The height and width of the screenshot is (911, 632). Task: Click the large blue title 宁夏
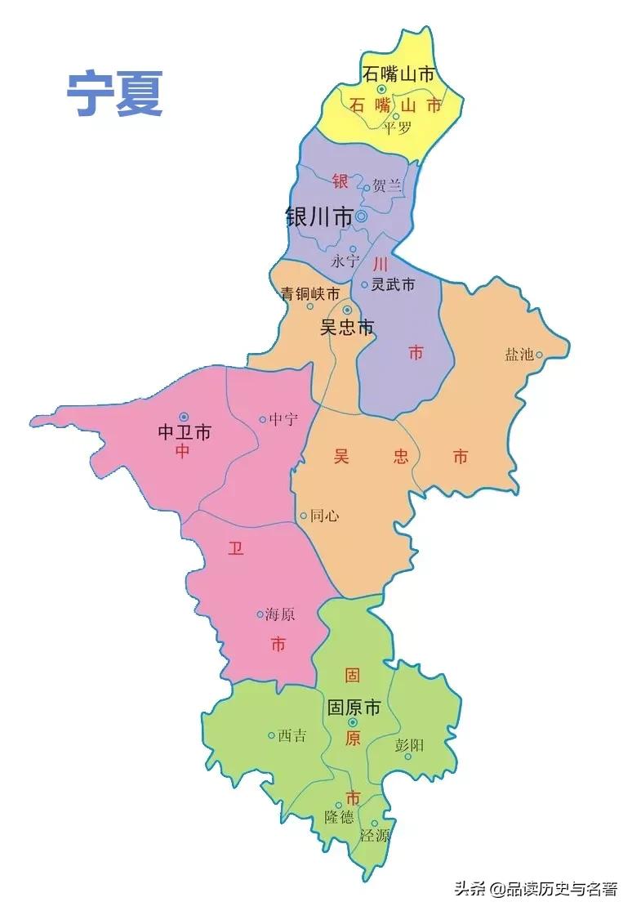[115, 94]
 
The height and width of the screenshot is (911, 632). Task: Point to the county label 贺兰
[388, 185]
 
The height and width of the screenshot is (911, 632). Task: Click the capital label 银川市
[318, 217]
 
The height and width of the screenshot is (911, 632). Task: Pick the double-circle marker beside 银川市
[361, 217]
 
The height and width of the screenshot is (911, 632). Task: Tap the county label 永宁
[345, 261]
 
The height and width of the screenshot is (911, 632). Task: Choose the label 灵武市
[393, 284]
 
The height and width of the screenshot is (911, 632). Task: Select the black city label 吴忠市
[346, 328]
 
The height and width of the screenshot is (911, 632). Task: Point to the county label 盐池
[519, 354]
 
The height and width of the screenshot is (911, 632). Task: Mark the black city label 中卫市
[184, 431]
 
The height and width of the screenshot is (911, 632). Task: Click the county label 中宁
[283, 419]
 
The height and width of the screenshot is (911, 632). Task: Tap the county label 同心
[324, 516]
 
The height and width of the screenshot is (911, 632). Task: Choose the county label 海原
[279, 614]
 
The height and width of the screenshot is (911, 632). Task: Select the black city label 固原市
[354, 708]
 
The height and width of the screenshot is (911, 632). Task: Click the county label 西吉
[292, 735]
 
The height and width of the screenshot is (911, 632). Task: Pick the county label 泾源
[375, 835]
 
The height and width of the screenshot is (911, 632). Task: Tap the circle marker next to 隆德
[339, 805]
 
